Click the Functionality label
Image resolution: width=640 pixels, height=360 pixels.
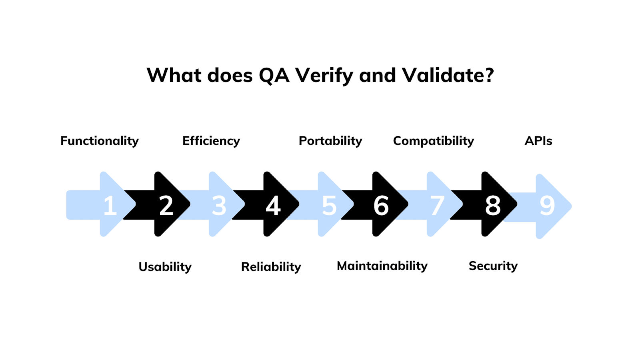point(99,141)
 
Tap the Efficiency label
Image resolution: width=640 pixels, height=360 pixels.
point(211,141)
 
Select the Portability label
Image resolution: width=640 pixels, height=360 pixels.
point(330,141)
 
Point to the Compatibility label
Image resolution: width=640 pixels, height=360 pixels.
point(433,141)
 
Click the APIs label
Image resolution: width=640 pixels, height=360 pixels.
point(538,141)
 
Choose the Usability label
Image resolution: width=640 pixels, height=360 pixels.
point(165,267)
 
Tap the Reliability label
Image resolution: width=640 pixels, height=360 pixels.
point(271,267)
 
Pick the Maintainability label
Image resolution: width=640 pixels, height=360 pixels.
point(382,266)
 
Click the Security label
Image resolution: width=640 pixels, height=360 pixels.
point(493,266)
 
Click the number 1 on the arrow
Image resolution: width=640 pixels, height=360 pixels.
point(110,206)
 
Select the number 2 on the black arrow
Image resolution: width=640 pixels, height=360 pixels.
point(166,206)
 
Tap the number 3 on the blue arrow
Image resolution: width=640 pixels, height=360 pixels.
point(219,206)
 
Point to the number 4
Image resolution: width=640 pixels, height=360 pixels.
point(274,206)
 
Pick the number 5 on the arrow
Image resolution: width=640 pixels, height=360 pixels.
point(330,206)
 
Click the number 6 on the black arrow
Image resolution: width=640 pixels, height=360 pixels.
point(381,206)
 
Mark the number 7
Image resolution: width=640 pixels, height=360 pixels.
point(437,206)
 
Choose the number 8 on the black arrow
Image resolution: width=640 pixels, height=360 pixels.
point(493,206)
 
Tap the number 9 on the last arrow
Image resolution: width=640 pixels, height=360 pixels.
point(547,206)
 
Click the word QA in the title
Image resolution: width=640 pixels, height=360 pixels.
point(274,75)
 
